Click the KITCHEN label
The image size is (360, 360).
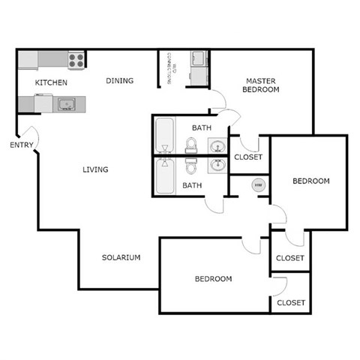(52, 82)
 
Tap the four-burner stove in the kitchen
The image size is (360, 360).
(76, 58)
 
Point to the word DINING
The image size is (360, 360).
(119, 81)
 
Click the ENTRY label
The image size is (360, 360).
(20, 145)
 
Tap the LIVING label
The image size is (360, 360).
(95, 169)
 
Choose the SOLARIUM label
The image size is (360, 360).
(121, 257)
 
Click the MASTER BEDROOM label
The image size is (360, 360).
(262, 84)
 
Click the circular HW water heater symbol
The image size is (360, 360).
(258, 185)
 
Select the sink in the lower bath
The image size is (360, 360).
(217, 164)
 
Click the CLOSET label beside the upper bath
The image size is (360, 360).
(247, 157)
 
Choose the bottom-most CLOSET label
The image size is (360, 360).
(290, 302)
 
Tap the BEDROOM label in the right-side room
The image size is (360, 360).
(310, 181)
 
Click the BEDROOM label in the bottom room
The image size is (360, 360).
(213, 279)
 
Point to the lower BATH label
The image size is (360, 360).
(193, 185)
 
